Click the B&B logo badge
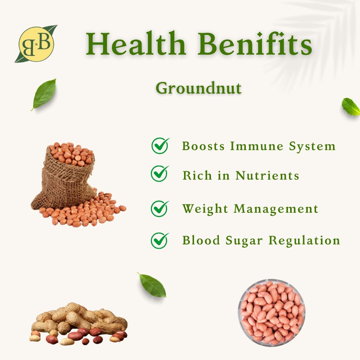36,44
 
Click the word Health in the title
136,44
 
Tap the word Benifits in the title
255,44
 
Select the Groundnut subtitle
199,88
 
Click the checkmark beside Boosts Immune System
160,145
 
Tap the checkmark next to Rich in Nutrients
160,174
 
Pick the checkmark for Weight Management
160,209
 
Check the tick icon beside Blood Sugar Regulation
160,240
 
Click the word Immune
257,146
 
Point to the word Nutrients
267,175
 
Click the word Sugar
244,241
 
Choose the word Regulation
304,240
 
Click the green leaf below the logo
44,94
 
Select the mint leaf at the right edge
351,107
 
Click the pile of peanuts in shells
78,324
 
